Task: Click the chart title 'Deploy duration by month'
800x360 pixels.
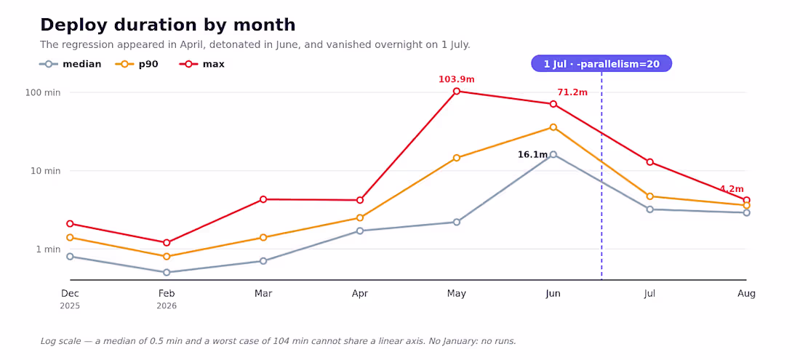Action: [x=167, y=25]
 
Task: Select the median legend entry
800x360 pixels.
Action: [x=71, y=64]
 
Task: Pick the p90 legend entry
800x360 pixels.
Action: [x=136, y=64]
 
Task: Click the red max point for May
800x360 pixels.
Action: [x=457, y=92]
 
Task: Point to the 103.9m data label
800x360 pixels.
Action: [x=457, y=79]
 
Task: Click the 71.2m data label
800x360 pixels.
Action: [x=572, y=92]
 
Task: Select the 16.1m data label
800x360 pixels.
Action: [x=532, y=154]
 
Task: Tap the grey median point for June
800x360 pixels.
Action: [x=553, y=154]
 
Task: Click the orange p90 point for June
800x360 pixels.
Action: [x=553, y=127]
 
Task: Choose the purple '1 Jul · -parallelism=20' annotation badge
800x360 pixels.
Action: [x=601, y=64]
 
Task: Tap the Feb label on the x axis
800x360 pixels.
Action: [x=167, y=294]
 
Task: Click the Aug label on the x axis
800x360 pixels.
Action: [x=746, y=294]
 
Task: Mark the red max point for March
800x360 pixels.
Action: [x=263, y=199]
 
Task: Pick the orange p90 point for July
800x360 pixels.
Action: [x=650, y=196]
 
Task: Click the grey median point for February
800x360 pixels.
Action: [x=167, y=272]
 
